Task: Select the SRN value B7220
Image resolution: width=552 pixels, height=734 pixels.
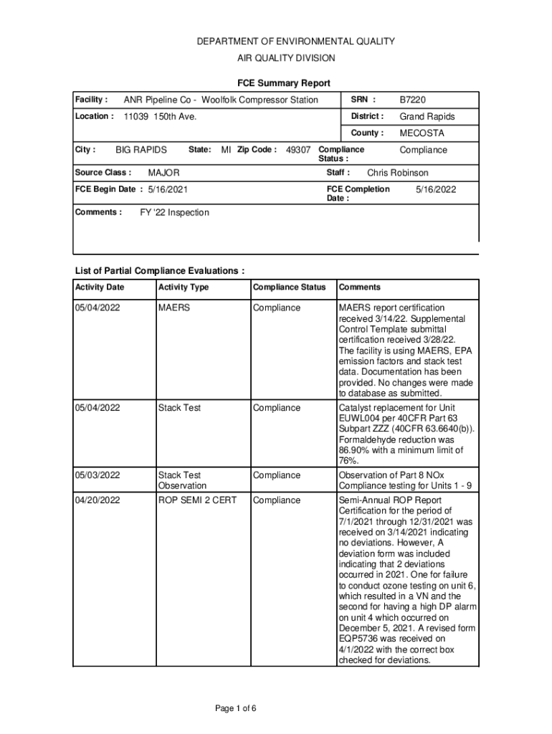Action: pos(412,100)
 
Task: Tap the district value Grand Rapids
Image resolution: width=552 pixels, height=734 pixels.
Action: pos(427,117)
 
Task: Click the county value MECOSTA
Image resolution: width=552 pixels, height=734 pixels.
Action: pos(422,133)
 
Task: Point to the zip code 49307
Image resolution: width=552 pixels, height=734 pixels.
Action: pos(298,150)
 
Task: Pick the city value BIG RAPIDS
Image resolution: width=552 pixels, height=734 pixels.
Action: pos(141,150)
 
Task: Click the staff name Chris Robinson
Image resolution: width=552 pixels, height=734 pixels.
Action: pos(398,173)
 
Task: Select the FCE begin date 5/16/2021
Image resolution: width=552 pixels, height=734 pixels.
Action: pos(168,190)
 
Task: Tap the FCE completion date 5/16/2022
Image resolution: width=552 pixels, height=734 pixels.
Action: pos(436,190)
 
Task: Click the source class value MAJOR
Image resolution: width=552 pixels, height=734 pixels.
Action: pos(163,173)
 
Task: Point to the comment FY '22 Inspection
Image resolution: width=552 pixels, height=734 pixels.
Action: pos(174,213)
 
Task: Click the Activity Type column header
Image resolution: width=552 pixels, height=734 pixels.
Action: pos(184,287)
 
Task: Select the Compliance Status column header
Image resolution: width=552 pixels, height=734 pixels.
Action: pos(289,287)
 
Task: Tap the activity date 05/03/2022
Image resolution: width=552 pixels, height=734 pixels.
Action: pos(97,475)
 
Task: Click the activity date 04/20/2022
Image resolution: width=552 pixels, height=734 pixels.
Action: pos(97,500)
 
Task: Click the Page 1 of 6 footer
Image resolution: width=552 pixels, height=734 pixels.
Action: pos(236,709)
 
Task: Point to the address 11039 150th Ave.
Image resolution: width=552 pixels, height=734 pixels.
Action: pos(160,117)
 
